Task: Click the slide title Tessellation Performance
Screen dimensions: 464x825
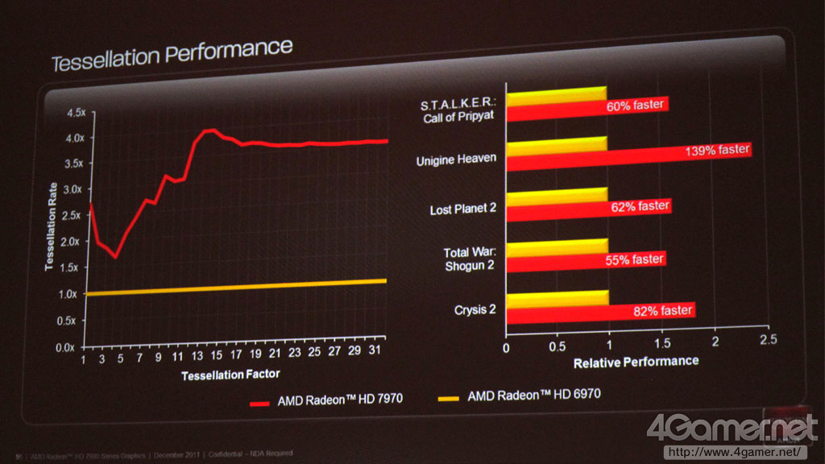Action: pos(172,56)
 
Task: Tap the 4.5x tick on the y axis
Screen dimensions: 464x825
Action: pos(74,113)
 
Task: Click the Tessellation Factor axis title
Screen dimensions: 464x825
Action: pos(230,375)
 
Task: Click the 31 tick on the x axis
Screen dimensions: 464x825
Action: pos(373,359)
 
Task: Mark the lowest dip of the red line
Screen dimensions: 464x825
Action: pos(116,257)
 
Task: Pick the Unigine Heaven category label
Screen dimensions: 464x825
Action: pos(456,160)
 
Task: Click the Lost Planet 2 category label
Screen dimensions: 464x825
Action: pos(462,210)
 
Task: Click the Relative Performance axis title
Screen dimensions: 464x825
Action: pos(636,362)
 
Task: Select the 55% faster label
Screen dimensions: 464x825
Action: pos(635,259)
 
